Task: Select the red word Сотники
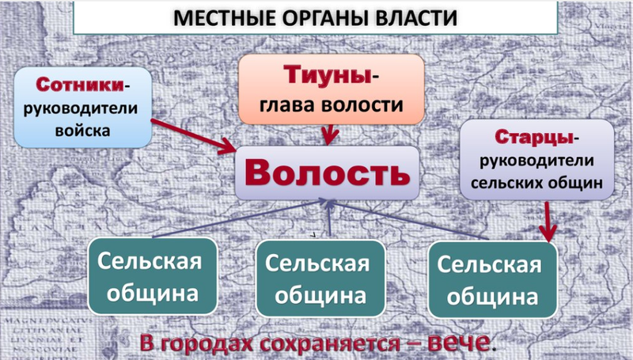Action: (80, 85)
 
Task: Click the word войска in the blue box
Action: (83, 131)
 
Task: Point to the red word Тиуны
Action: (327, 75)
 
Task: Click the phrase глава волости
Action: (331, 104)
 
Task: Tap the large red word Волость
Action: (328, 172)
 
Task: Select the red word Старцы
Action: (533, 138)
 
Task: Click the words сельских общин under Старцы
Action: (536, 184)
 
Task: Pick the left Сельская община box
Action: (153, 276)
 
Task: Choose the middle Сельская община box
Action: (320, 279)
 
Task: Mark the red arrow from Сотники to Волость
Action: (193, 136)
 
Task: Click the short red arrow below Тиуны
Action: (330, 135)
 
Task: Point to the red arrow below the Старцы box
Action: (548, 222)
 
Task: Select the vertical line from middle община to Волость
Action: (330, 218)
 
